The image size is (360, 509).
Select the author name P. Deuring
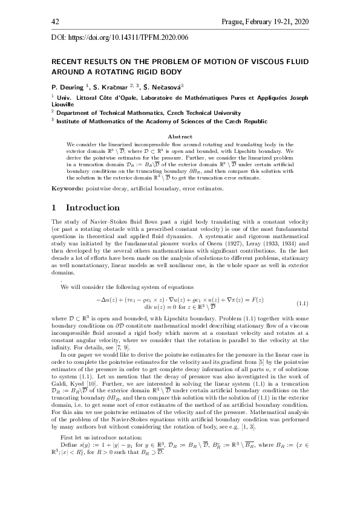68,86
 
